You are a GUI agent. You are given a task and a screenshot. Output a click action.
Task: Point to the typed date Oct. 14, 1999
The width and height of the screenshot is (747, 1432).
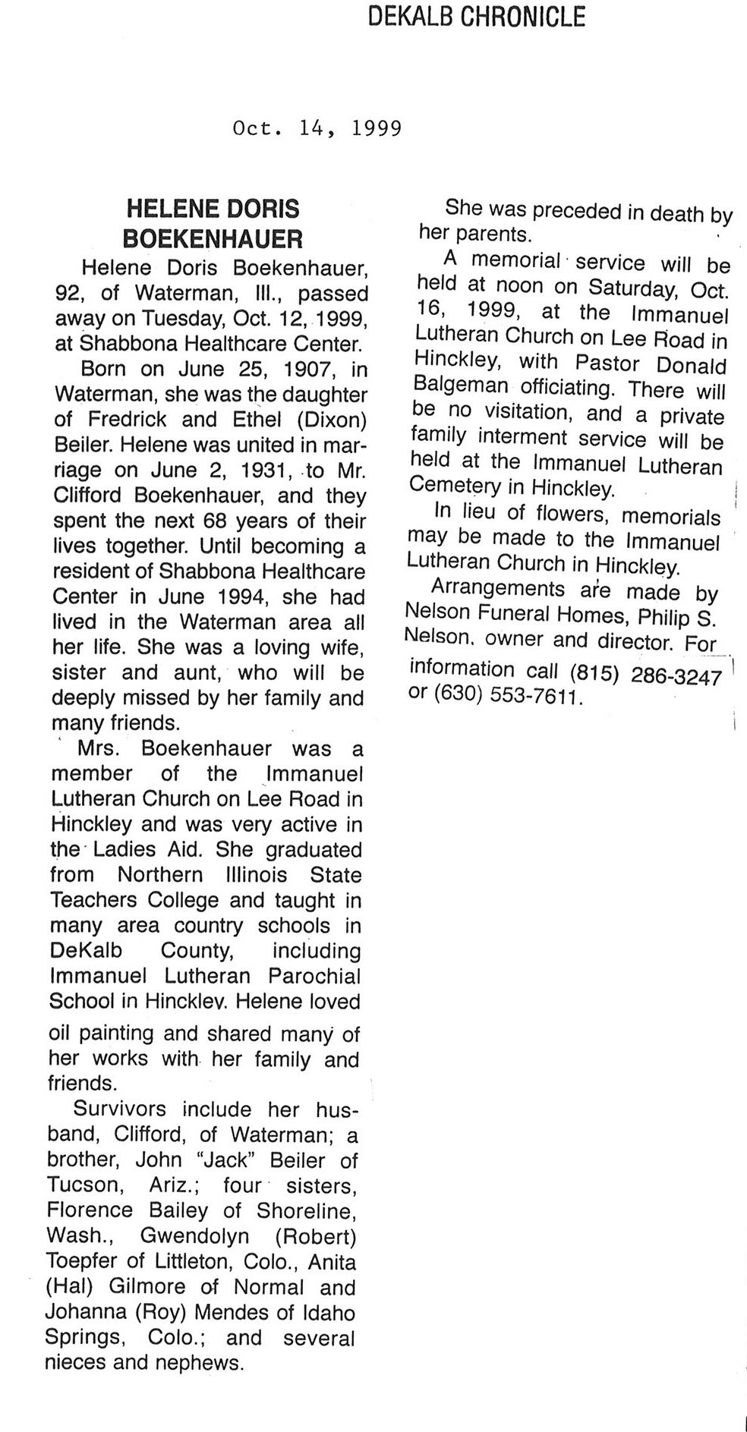pos(317,128)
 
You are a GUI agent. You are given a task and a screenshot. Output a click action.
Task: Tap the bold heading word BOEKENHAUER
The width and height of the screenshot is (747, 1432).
pos(213,240)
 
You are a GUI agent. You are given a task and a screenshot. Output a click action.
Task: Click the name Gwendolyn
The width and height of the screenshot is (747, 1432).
pos(195,1235)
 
